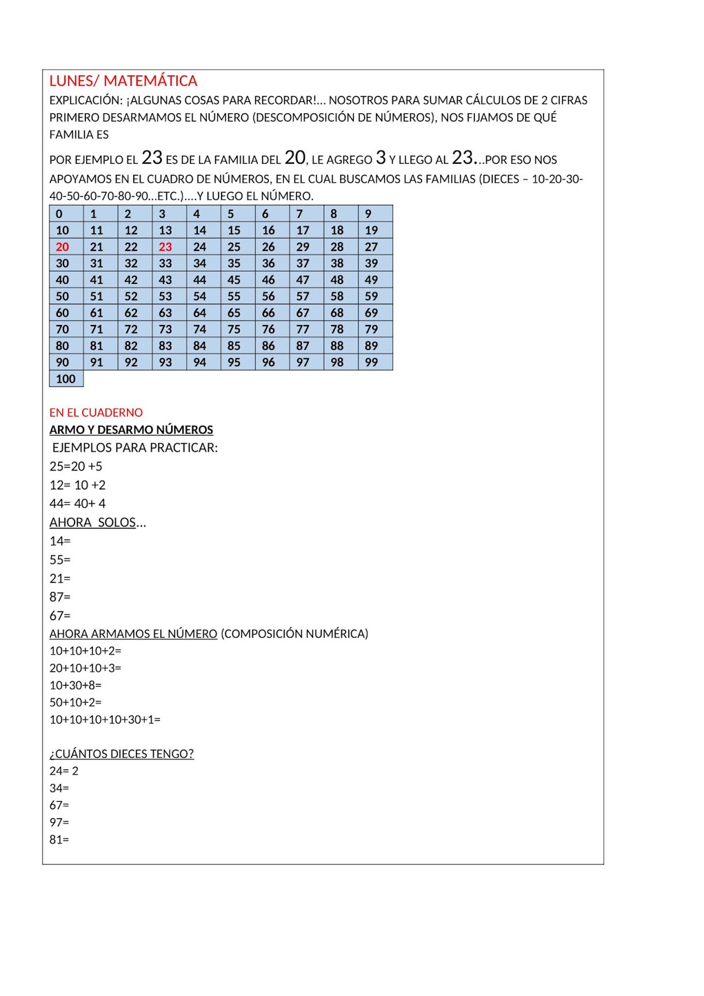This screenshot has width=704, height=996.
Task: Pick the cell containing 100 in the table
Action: [x=65, y=379]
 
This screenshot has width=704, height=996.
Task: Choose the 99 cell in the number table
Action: [x=372, y=362]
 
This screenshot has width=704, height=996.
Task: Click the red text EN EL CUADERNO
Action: [x=96, y=413]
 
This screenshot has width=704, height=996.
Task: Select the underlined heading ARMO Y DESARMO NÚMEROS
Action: [x=131, y=430]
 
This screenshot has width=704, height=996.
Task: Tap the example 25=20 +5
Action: [x=76, y=466]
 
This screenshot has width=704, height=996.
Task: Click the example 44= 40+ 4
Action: [x=78, y=504]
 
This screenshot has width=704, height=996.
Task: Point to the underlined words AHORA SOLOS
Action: [x=93, y=522]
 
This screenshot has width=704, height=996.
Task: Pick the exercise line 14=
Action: [x=60, y=541]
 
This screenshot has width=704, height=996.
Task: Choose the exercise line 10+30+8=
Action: [x=75, y=685]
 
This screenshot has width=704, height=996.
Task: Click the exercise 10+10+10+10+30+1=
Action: [x=105, y=720]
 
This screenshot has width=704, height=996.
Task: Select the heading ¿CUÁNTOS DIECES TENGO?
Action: [x=121, y=754]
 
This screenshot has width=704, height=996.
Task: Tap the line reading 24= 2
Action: [x=64, y=771]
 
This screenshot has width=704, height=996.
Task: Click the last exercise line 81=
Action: [x=59, y=840]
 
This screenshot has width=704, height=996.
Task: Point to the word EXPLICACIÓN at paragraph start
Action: [x=85, y=100]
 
